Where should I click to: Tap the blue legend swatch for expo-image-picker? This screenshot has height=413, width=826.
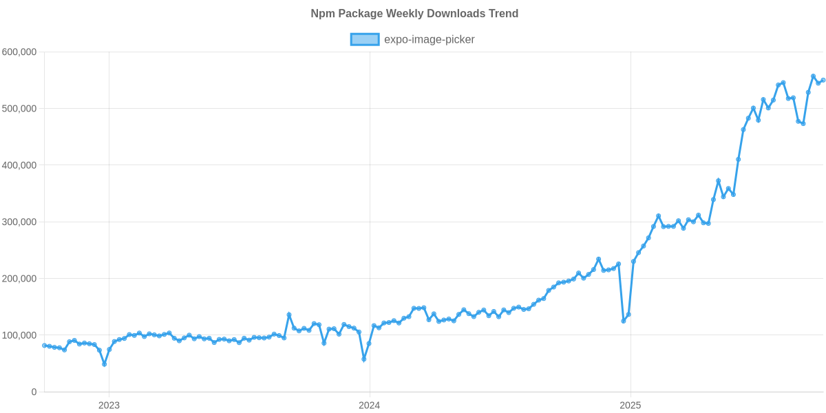tap(364, 39)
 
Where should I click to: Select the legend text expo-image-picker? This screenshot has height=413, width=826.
tap(429, 39)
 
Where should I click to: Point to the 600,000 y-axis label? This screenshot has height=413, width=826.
tap(19, 52)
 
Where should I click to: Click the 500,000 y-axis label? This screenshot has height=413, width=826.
tap(19, 109)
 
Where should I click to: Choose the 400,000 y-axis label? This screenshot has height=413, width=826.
tap(19, 165)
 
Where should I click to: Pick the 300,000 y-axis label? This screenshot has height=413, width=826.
tap(19, 222)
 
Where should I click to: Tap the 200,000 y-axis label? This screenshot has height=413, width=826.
tap(19, 279)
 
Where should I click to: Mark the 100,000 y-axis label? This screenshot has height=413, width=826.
tap(19, 335)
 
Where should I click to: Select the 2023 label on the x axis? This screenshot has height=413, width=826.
tap(109, 405)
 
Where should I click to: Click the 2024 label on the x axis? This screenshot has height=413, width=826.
tap(370, 405)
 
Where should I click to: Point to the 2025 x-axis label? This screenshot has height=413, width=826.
tap(630, 405)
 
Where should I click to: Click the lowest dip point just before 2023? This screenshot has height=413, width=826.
tap(104, 364)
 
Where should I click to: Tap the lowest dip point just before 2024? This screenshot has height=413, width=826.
tap(364, 359)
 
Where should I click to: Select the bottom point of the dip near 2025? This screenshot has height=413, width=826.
tap(624, 321)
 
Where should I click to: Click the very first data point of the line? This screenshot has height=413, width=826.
tap(44, 345)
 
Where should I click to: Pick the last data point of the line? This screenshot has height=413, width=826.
tap(823, 80)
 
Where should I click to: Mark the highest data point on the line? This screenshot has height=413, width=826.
tap(813, 76)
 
